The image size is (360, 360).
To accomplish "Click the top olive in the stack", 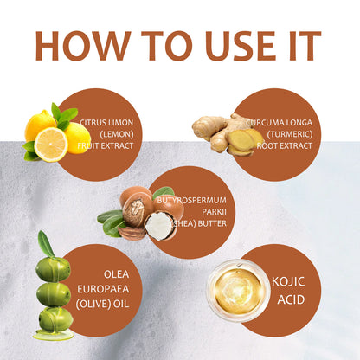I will click(x=54, y=269).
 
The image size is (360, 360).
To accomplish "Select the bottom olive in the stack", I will click(x=55, y=320).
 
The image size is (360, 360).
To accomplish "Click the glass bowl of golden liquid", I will click(x=238, y=290).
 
